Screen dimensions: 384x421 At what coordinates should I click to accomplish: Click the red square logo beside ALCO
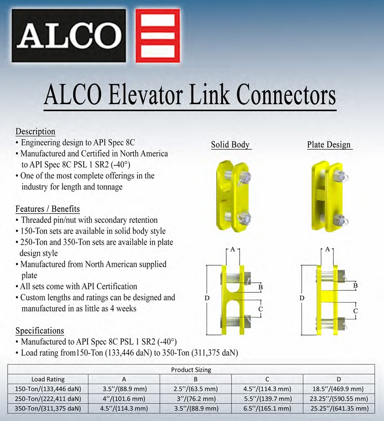[x=158, y=35]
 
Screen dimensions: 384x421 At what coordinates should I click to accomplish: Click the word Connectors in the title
[x=286, y=95]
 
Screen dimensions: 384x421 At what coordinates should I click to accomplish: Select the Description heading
[x=35, y=131]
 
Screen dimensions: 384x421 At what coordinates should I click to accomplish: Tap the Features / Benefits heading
[x=48, y=209]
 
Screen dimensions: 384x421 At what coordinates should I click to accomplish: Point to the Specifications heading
[x=40, y=331]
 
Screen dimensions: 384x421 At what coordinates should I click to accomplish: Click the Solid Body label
[x=230, y=145]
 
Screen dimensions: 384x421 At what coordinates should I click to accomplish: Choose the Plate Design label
[x=329, y=145]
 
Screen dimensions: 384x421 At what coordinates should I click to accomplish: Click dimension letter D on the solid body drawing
[x=207, y=298]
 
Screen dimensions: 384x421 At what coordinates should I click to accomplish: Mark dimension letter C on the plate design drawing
[x=356, y=311]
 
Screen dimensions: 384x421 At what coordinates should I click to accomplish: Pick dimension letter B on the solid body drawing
[x=260, y=287]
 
